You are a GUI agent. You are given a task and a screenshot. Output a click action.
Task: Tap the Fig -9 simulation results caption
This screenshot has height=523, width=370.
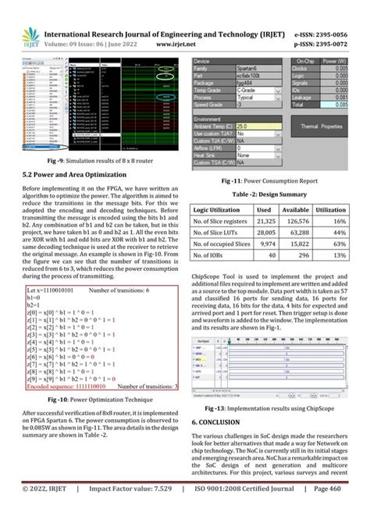99,160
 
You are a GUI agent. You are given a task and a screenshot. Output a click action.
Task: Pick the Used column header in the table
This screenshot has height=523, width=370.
264,211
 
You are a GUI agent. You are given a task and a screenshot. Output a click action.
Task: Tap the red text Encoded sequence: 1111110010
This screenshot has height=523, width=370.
66,386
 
